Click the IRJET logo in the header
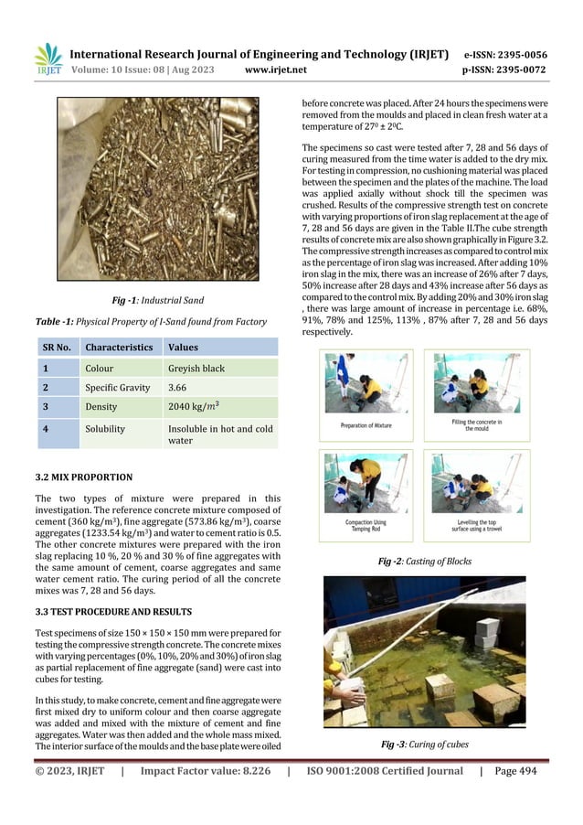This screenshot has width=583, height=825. coord(48,59)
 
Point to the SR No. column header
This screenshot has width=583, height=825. coord(58,348)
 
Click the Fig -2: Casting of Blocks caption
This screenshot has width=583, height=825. coord(427,562)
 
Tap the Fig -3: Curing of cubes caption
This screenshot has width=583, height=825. coord(425,745)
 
